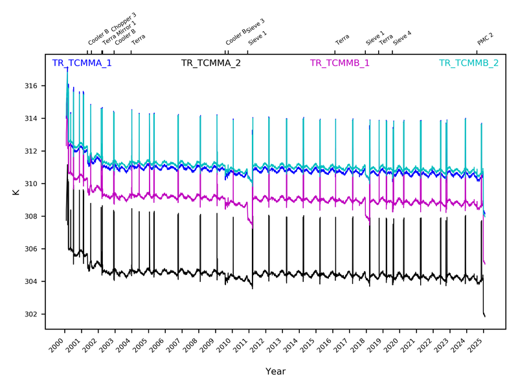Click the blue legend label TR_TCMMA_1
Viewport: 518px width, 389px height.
click(x=82, y=64)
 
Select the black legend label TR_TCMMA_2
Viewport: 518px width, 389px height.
click(x=211, y=64)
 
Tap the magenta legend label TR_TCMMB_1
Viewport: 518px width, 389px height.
click(x=340, y=64)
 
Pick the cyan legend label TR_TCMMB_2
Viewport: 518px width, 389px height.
click(x=469, y=64)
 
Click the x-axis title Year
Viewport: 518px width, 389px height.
click(x=275, y=371)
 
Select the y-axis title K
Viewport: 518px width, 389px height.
click(x=14, y=193)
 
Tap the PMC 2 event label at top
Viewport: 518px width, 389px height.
click(x=486, y=39)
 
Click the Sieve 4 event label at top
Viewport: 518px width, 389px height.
click(x=402, y=38)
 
